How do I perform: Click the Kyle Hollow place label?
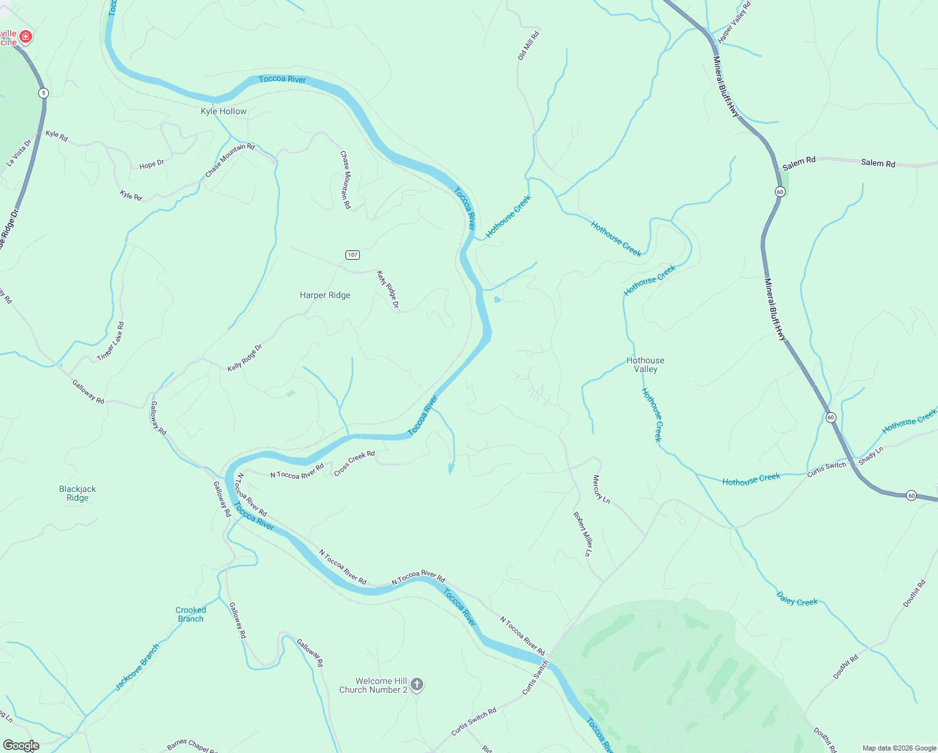pyautogui.click(x=223, y=112)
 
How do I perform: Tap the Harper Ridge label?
pyautogui.click(x=325, y=296)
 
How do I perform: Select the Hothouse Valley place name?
pyautogui.click(x=645, y=365)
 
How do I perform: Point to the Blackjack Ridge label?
pyautogui.click(x=78, y=493)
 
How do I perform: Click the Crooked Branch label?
pyautogui.click(x=191, y=614)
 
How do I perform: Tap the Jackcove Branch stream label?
pyautogui.click(x=137, y=667)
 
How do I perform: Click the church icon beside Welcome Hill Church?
pyautogui.click(x=417, y=685)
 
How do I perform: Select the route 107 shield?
pyautogui.click(x=352, y=255)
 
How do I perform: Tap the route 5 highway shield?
pyautogui.click(x=43, y=93)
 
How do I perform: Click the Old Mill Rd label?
pyautogui.click(x=529, y=46)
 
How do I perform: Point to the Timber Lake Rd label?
pyautogui.click(x=111, y=342)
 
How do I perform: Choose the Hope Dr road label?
pyautogui.click(x=152, y=164)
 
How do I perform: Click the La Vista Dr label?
pyautogui.click(x=19, y=153)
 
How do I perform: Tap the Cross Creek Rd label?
pyautogui.click(x=354, y=463)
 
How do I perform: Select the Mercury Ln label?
pyautogui.click(x=601, y=489)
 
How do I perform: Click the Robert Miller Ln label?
pyautogui.click(x=582, y=534)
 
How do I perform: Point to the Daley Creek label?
pyautogui.click(x=797, y=599)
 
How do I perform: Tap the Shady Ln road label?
pyautogui.click(x=871, y=456)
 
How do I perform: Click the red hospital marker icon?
pyautogui.click(x=26, y=38)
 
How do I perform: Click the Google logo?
pyautogui.click(x=21, y=745)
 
